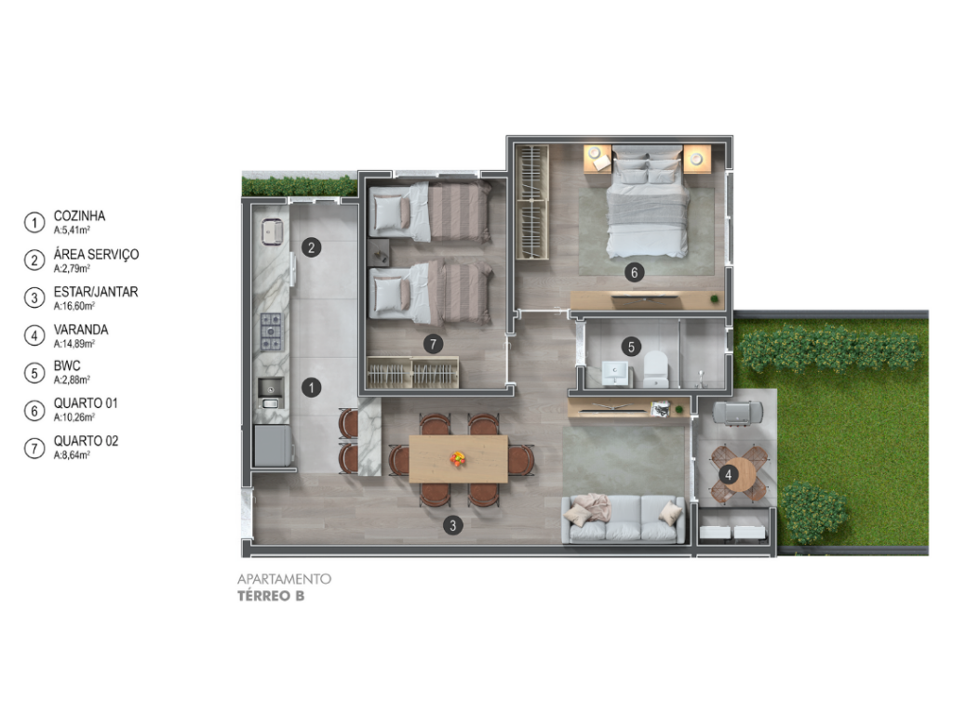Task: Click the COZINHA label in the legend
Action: pyautogui.click(x=79, y=216)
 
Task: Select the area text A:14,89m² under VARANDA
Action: pyautogui.click(x=74, y=344)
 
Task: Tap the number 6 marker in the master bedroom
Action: pyautogui.click(x=634, y=272)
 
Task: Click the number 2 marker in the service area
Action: pyautogui.click(x=311, y=247)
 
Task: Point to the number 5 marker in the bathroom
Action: pyautogui.click(x=631, y=347)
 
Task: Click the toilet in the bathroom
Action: pyautogui.click(x=656, y=369)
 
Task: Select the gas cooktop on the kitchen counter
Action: pyautogui.click(x=271, y=332)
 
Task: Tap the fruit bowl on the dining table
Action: pyautogui.click(x=458, y=458)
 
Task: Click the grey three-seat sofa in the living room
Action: pyautogui.click(x=624, y=519)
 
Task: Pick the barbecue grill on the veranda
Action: pyautogui.click(x=737, y=413)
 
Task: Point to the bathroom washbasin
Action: pyautogui.click(x=617, y=373)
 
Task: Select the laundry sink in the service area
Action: pyautogui.click(x=272, y=231)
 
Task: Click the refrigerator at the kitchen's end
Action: pyautogui.click(x=273, y=445)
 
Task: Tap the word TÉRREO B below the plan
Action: pyautogui.click(x=271, y=596)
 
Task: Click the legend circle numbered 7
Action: pyautogui.click(x=34, y=449)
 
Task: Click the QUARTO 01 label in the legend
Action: pyautogui.click(x=86, y=403)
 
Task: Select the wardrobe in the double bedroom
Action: pyautogui.click(x=532, y=202)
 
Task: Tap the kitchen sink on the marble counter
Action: pyautogui.click(x=270, y=393)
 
